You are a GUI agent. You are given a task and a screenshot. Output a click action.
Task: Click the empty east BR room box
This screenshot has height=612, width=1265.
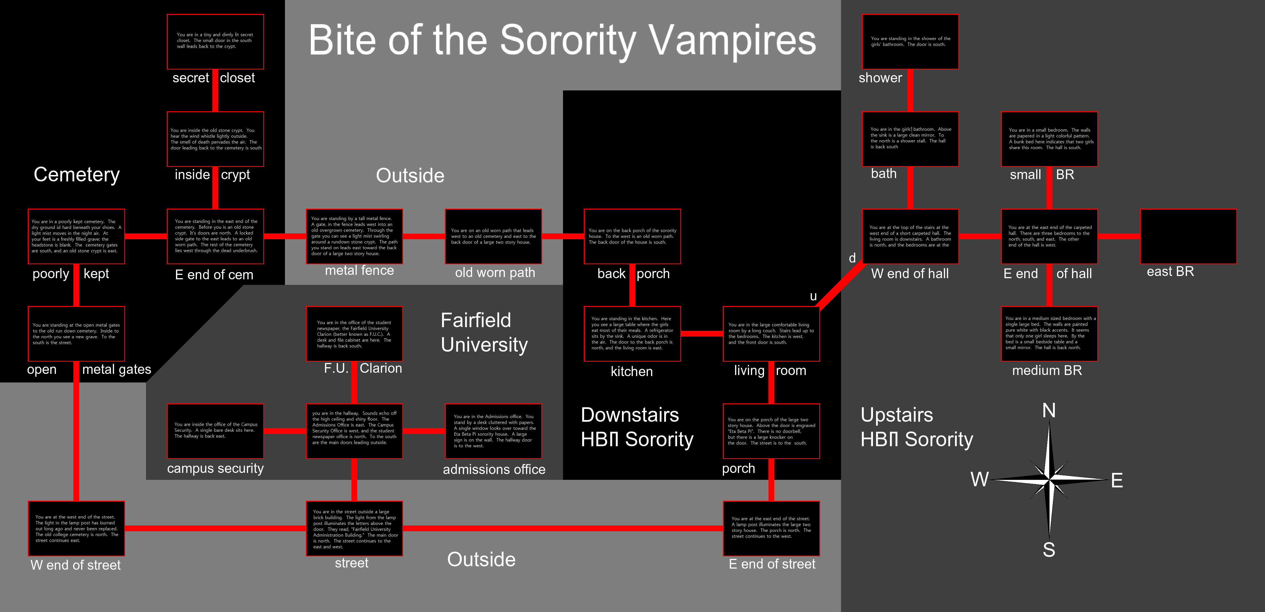1188,236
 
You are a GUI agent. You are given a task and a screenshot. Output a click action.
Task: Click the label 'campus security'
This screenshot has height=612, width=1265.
215,468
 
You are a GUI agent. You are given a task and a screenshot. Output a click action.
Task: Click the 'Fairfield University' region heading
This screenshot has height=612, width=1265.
484,332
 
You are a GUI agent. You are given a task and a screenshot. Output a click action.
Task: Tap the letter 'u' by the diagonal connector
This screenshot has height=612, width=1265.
813,296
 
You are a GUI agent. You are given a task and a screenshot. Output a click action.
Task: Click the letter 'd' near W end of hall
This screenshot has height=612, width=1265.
852,258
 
